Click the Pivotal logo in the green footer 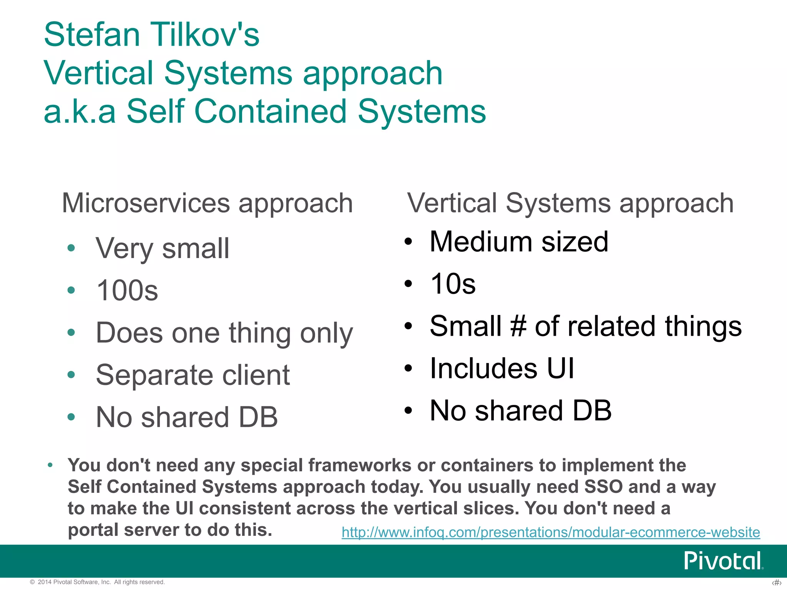click(723, 561)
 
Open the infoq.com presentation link click(551, 532)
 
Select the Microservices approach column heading click(208, 203)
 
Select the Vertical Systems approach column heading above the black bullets click(570, 203)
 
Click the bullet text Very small click(163, 249)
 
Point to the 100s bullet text click(127, 291)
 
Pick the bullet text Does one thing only click(224, 333)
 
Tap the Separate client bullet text click(193, 375)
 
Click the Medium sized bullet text click(519, 242)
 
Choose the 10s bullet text click(453, 284)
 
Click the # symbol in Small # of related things click(518, 326)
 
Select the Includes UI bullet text click(502, 369)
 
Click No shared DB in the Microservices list click(187, 418)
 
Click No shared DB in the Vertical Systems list click(520, 411)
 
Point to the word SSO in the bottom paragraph click(603, 487)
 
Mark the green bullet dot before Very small click(71, 248)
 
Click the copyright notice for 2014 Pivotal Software click(98, 582)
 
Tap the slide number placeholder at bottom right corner click(776, 583)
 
